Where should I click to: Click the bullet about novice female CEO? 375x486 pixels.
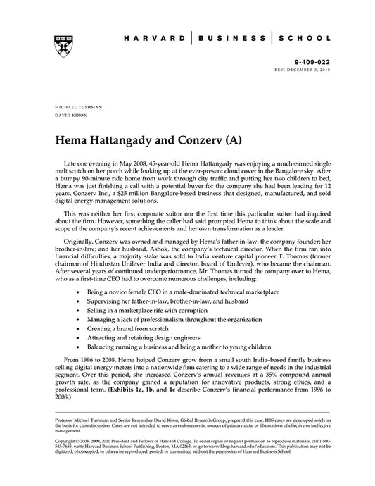182,290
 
